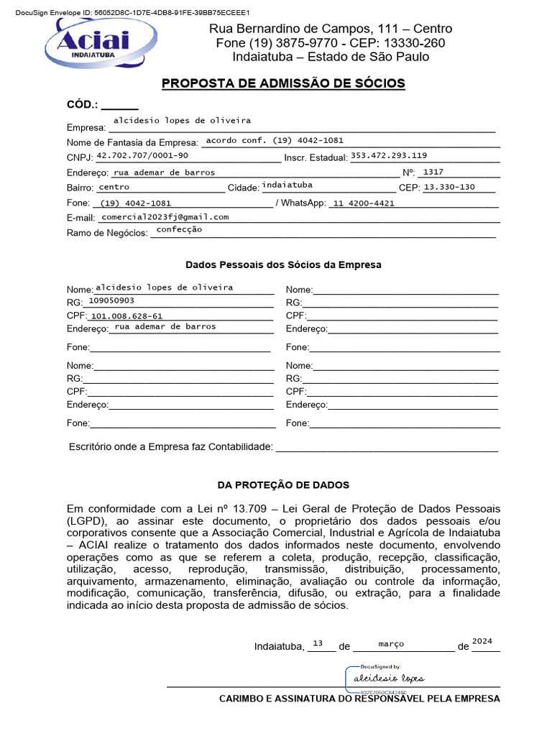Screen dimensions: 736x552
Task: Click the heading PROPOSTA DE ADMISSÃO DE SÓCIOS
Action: coord(283,83)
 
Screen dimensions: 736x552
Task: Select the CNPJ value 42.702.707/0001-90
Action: coord(142,155)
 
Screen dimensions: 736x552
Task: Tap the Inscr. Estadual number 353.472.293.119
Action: coord(389,155)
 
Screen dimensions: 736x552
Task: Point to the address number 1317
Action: coord(433,172)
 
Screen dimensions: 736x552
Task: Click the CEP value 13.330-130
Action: coord(449,187)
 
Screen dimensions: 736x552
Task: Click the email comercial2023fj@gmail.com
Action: coord(165,216)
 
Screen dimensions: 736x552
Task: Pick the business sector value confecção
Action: coord(179,230)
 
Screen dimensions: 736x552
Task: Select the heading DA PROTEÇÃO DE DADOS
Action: coord(283,485)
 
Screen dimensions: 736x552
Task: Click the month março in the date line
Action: coord(391,644)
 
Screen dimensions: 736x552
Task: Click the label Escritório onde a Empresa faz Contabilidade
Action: coord(171,447)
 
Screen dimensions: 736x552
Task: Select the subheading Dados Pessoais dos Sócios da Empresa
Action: coord(283,264)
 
